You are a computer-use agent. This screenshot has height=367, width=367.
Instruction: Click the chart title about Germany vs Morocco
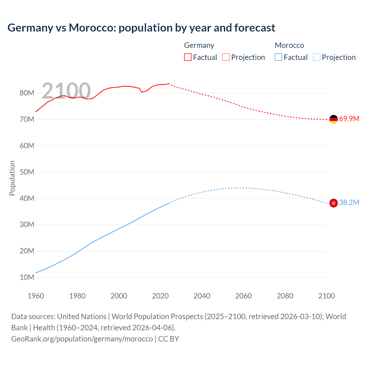[141, 28]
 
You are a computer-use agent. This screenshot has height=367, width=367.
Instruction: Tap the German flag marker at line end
[333, 119]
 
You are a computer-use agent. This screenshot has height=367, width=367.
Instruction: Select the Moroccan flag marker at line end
[333, 203]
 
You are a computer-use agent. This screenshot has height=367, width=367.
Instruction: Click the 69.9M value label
[349, 119]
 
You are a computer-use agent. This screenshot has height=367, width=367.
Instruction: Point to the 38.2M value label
[349, 202]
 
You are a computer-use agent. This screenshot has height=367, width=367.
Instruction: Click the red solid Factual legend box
[188, 57]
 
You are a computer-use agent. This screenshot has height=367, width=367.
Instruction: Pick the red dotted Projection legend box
[226, 57]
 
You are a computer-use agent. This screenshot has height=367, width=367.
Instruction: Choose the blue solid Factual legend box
[278, 57]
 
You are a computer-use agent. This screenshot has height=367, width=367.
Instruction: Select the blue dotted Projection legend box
[317, 57]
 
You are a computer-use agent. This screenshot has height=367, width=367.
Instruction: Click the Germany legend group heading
[199, 45]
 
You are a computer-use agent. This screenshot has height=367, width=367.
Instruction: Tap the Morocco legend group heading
[289, 45]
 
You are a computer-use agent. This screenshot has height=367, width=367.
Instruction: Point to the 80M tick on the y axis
[27, 93]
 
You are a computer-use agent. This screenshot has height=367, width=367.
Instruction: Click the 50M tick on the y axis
[27, 172]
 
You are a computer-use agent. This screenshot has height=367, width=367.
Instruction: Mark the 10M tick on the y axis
[27, 277]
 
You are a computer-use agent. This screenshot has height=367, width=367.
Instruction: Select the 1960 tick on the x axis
[36, 296]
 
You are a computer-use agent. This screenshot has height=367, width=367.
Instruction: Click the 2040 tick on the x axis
[202, 296]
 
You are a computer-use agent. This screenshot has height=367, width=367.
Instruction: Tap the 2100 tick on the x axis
[326, 296]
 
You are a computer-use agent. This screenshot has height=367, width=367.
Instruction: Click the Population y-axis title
[12, 178]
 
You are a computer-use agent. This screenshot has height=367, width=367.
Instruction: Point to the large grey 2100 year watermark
[66, 91]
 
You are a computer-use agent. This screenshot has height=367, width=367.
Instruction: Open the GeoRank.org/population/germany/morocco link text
[82, 339]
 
